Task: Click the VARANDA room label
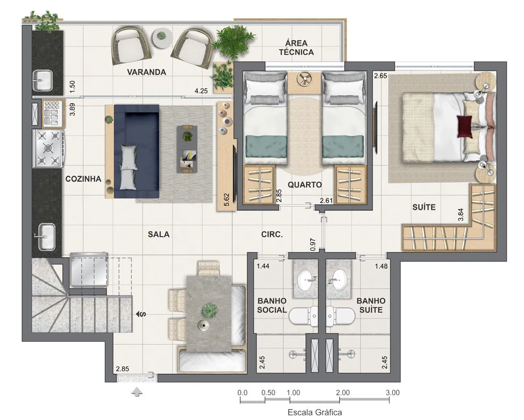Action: click(146, 72)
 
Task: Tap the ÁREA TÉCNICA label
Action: click(296, 48)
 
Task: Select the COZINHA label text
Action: click(83, 179)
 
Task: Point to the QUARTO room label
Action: click(305, 185)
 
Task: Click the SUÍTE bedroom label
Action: click(424, 207)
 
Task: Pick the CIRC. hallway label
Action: click(272, 234)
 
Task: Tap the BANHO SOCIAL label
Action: click(272, 306)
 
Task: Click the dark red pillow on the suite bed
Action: click(465, 127)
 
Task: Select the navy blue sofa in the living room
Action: click(136, 152)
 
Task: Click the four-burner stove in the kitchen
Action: click(49, 148)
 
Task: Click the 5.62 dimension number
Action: click(226, 200)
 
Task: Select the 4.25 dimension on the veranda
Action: click(201, 91)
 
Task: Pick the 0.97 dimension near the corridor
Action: click(313, 245)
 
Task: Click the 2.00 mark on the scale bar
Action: click(343, 393)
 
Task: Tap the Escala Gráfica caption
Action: click(315, 412)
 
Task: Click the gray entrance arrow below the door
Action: click(137, 392)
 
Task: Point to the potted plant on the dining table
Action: click(209, 310)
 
